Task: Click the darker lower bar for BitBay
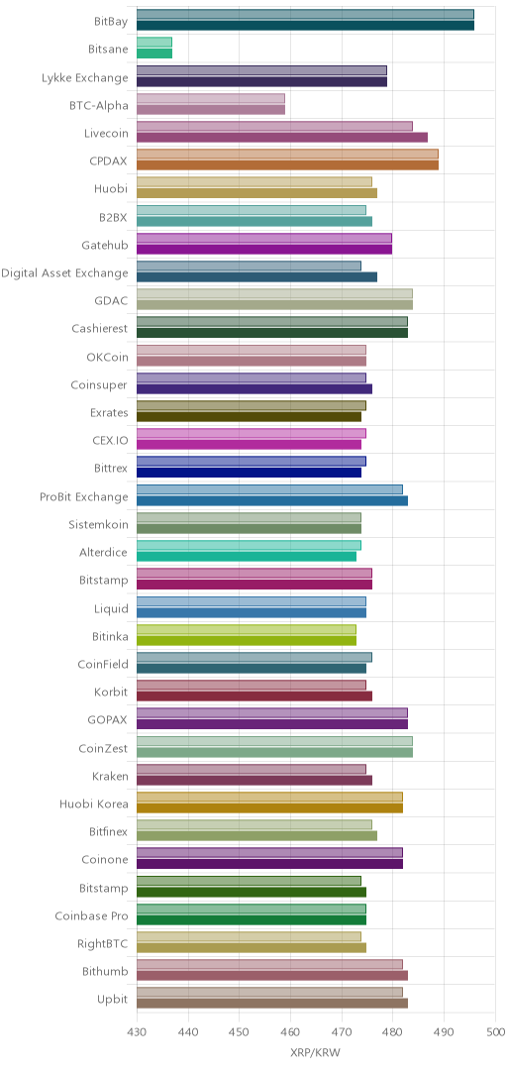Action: (305, 26)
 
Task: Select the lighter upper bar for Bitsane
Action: (154, 43)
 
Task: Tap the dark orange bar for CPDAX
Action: (287, 165)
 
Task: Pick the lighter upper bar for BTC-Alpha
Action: (211, 98)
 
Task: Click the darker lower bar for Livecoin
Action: (282, 137)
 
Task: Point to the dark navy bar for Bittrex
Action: (250, 473)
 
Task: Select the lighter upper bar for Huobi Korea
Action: (269, 797)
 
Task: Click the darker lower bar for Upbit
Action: (272, 1003)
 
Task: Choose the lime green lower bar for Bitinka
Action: (247, 640)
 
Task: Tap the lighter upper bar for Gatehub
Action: (264, 238)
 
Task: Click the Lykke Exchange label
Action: (84, 78)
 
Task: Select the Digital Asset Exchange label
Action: (64, 273)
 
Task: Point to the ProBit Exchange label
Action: (84, 496)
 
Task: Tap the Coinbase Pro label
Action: (91, 915)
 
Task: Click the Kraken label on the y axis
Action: (110, 776)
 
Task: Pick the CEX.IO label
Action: (109, 441)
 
